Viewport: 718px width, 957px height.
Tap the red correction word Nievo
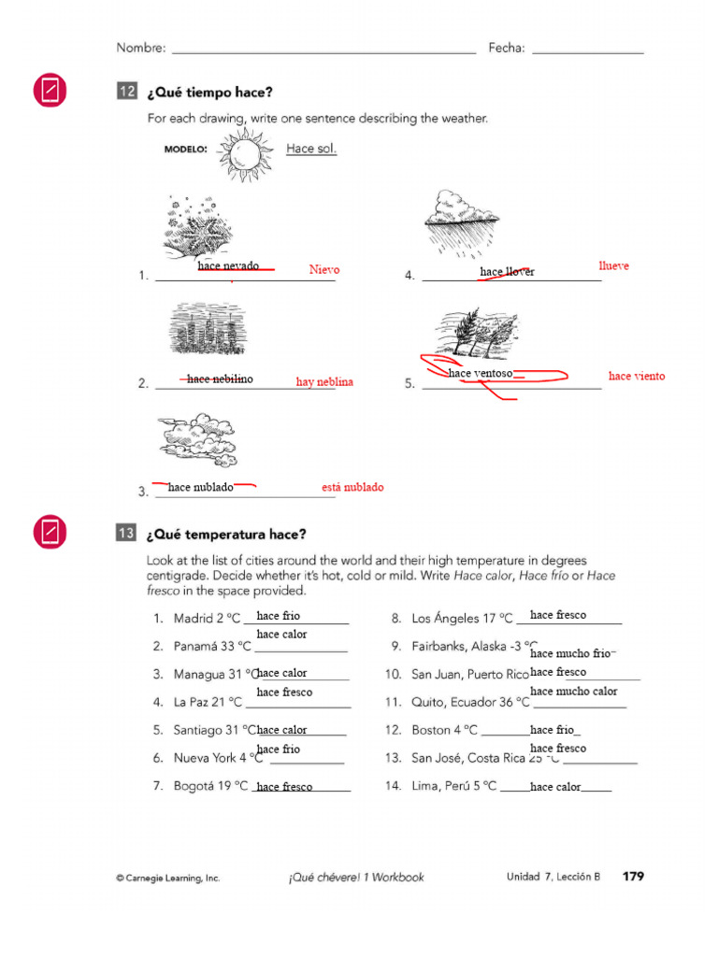(323, 270)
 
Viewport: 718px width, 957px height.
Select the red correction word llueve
(613, 266)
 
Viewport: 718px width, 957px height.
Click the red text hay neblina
(324, 382)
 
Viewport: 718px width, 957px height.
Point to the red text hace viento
(636, 377)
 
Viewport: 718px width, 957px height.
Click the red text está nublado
(352, 488)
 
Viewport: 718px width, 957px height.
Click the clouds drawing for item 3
(198, 442)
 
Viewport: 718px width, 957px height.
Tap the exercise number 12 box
(126, 92)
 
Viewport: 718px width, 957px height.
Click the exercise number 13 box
(126, 534)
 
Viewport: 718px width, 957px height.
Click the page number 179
(633, 877)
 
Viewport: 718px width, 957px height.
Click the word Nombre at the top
(140, 48)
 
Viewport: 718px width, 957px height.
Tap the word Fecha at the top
(506, 48)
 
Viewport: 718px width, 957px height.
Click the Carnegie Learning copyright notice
(167, 878)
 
